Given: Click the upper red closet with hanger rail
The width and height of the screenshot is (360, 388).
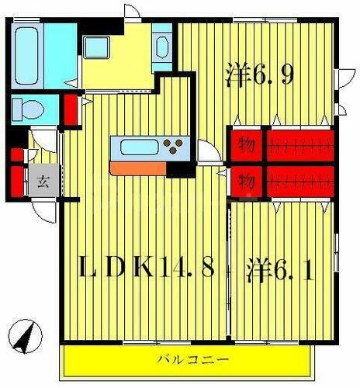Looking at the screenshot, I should [x=300, y=144].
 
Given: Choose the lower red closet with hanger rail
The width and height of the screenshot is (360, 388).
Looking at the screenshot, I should [x=300, y=181].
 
